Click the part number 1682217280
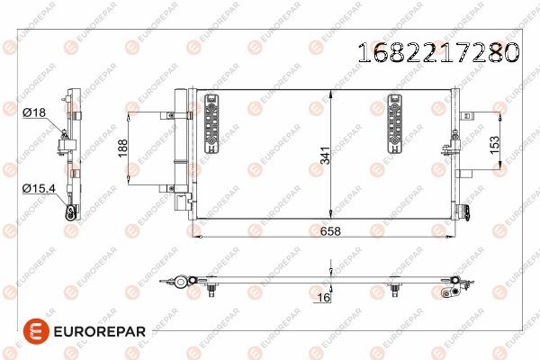click(438, 52)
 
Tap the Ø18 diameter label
click(34, 112)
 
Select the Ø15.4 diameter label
click(39, 188)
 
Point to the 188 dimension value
click(123, 148)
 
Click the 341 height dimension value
click(325, 156)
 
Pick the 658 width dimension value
click(330, 231)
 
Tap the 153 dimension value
click(494, 145)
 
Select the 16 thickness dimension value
click(323, 297)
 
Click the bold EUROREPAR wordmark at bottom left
click(100, 332)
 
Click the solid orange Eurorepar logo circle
click(36, 331)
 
